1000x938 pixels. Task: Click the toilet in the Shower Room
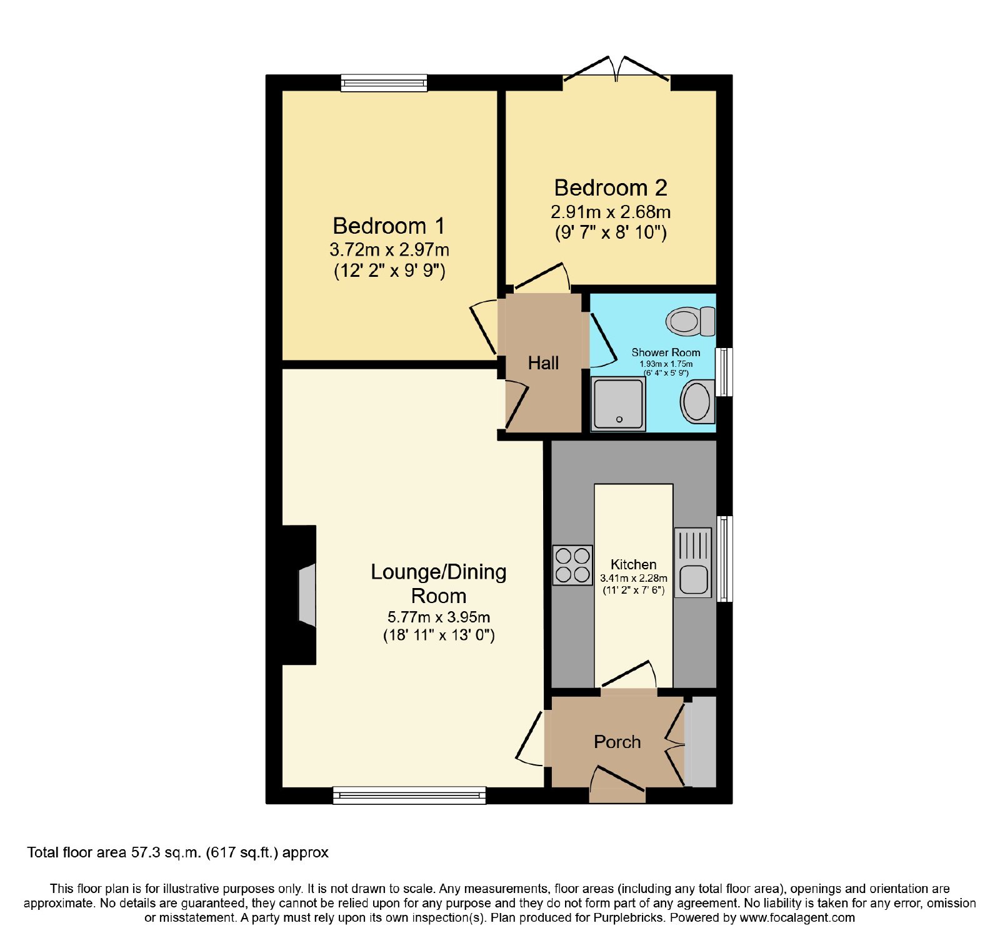click(x=691, y=321)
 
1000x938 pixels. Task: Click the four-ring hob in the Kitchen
click(x=572, y=565)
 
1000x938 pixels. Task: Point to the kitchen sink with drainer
click(x=692, y=562)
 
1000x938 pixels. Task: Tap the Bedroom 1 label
click(x=389, y=226)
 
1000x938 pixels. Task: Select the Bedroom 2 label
click(x=611, y=187)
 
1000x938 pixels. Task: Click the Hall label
click(x=543, y=363)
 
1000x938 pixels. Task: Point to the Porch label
click(x=617, y=742)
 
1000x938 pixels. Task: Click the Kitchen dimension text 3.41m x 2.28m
click(x=634, y=579)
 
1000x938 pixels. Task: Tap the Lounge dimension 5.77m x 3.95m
click(x=439, y=617)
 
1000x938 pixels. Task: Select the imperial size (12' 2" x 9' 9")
click(x=389, y=271)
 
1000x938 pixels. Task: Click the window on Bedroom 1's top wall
click(x=384, y=83)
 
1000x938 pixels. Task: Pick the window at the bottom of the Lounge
click(x=409, y=795)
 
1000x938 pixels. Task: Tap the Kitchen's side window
click(x=724, y=559)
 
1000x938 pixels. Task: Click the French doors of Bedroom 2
click(x=617, y=69)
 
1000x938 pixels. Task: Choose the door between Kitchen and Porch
click(x=629, y=676)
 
